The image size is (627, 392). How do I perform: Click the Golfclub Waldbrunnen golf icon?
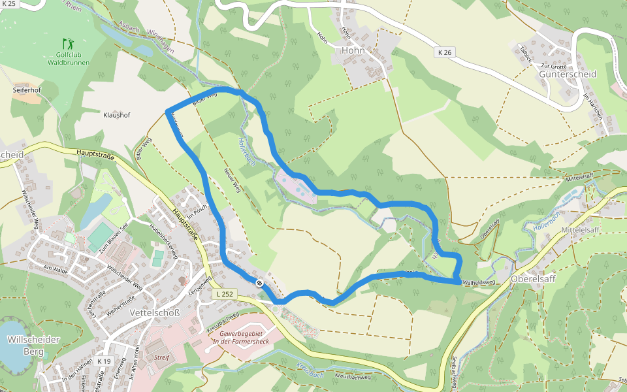[x=67, y=44]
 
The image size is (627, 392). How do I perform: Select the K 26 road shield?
[x=444, y=52]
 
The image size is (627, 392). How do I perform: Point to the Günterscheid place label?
[x=568, y=74]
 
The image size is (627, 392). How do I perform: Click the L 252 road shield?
[x=224, y=295]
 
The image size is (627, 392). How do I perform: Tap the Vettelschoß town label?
[x=154, y=313]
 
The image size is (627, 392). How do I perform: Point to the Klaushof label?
[x=117, y=115]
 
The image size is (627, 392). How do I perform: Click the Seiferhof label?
[x=27, y=89]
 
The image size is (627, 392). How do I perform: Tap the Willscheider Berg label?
[x=33, y=346]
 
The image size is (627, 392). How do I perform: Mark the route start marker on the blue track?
[x=259, y=283]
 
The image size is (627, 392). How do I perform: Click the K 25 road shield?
[x=9, y=4]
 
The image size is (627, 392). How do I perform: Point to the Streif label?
[x=161, y=358]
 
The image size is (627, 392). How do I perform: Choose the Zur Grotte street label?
[x=553, y=67]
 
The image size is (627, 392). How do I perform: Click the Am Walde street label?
[x=56, y=268]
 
